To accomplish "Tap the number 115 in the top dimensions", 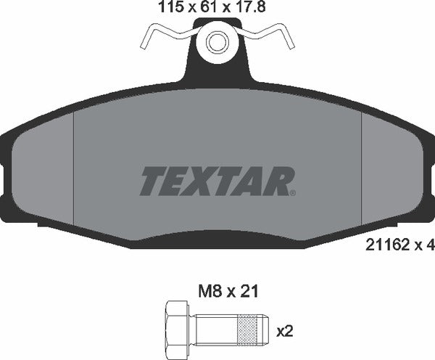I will click(170, 8).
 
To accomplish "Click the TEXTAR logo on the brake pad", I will click(215, 181).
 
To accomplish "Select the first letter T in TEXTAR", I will click(151, 181).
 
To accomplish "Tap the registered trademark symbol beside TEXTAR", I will click(292, 193).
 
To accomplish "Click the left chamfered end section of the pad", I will click(43, 174).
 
